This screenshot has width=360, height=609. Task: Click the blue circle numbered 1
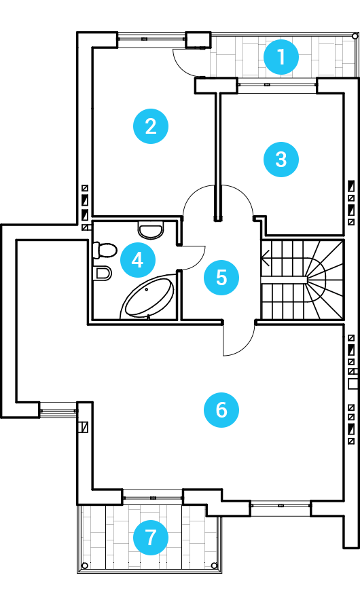point(281,57)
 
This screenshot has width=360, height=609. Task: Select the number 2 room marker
point(151,126)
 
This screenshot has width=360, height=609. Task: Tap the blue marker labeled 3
point(281,160)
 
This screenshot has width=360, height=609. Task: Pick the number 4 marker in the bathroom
point(138,260)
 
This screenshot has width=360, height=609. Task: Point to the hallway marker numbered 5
point(221,277)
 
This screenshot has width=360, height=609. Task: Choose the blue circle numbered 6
point(221,410)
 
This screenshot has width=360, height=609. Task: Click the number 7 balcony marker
point(151,538)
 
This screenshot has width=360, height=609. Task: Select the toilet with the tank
point(105,250)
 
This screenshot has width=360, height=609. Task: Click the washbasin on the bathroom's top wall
point(151,230)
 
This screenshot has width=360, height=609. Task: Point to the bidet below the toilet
point(103,273)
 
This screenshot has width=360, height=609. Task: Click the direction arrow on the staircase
point(266,258)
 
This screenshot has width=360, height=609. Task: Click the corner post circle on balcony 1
point(355,36)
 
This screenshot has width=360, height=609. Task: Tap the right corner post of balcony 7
point(213,565)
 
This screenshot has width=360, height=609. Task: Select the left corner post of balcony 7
point(85,565)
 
